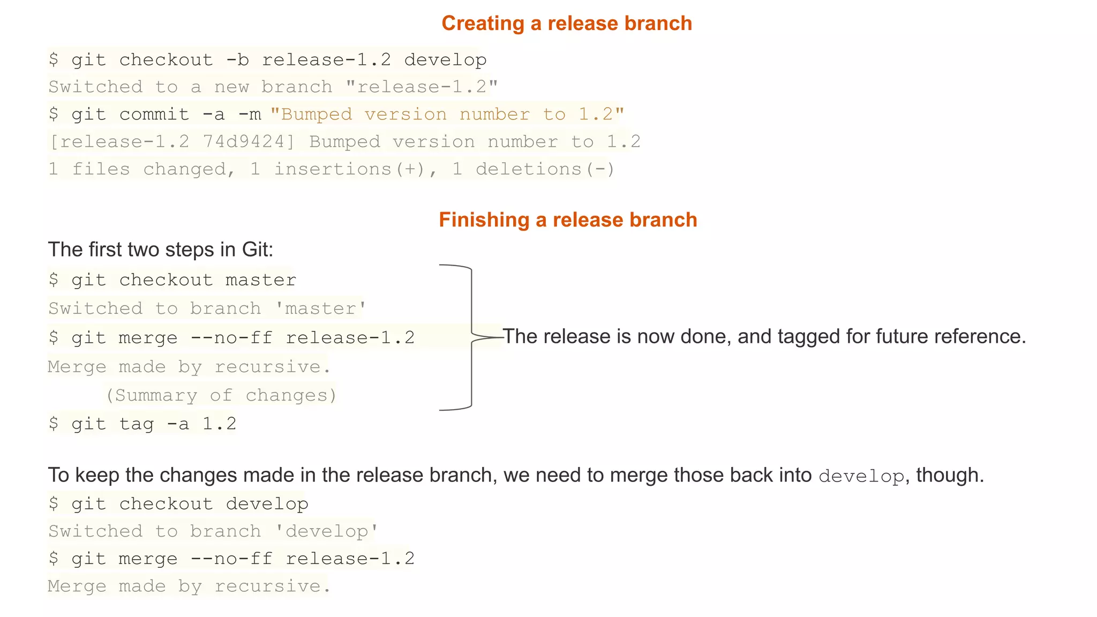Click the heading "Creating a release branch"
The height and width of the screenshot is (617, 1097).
(x=567, y=24)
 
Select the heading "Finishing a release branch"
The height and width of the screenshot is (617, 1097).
(x=568, y=220)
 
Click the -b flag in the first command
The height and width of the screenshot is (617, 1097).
(x=237, y=59)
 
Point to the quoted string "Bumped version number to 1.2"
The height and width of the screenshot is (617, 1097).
(x=447, y=114)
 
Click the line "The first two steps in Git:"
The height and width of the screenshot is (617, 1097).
(x=161, y=250)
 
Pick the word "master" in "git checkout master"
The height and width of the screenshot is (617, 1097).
(x=261, y=280)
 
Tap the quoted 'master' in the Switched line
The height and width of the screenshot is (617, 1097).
(x=320, y=308)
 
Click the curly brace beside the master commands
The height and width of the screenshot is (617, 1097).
(x=471, y=337)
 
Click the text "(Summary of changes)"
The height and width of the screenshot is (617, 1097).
(x=221, y=395)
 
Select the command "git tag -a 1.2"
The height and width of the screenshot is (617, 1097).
(x=153, y=424)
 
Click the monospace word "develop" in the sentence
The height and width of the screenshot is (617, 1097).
(x=861, y=476)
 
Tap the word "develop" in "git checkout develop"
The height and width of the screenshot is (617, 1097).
(x=267, y=504)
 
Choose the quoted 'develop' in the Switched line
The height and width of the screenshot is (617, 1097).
(x=326, y=531)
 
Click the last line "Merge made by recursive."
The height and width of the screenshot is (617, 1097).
(x=189, y=586)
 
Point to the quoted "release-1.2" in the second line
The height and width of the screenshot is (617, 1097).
(x=422, y=87)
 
